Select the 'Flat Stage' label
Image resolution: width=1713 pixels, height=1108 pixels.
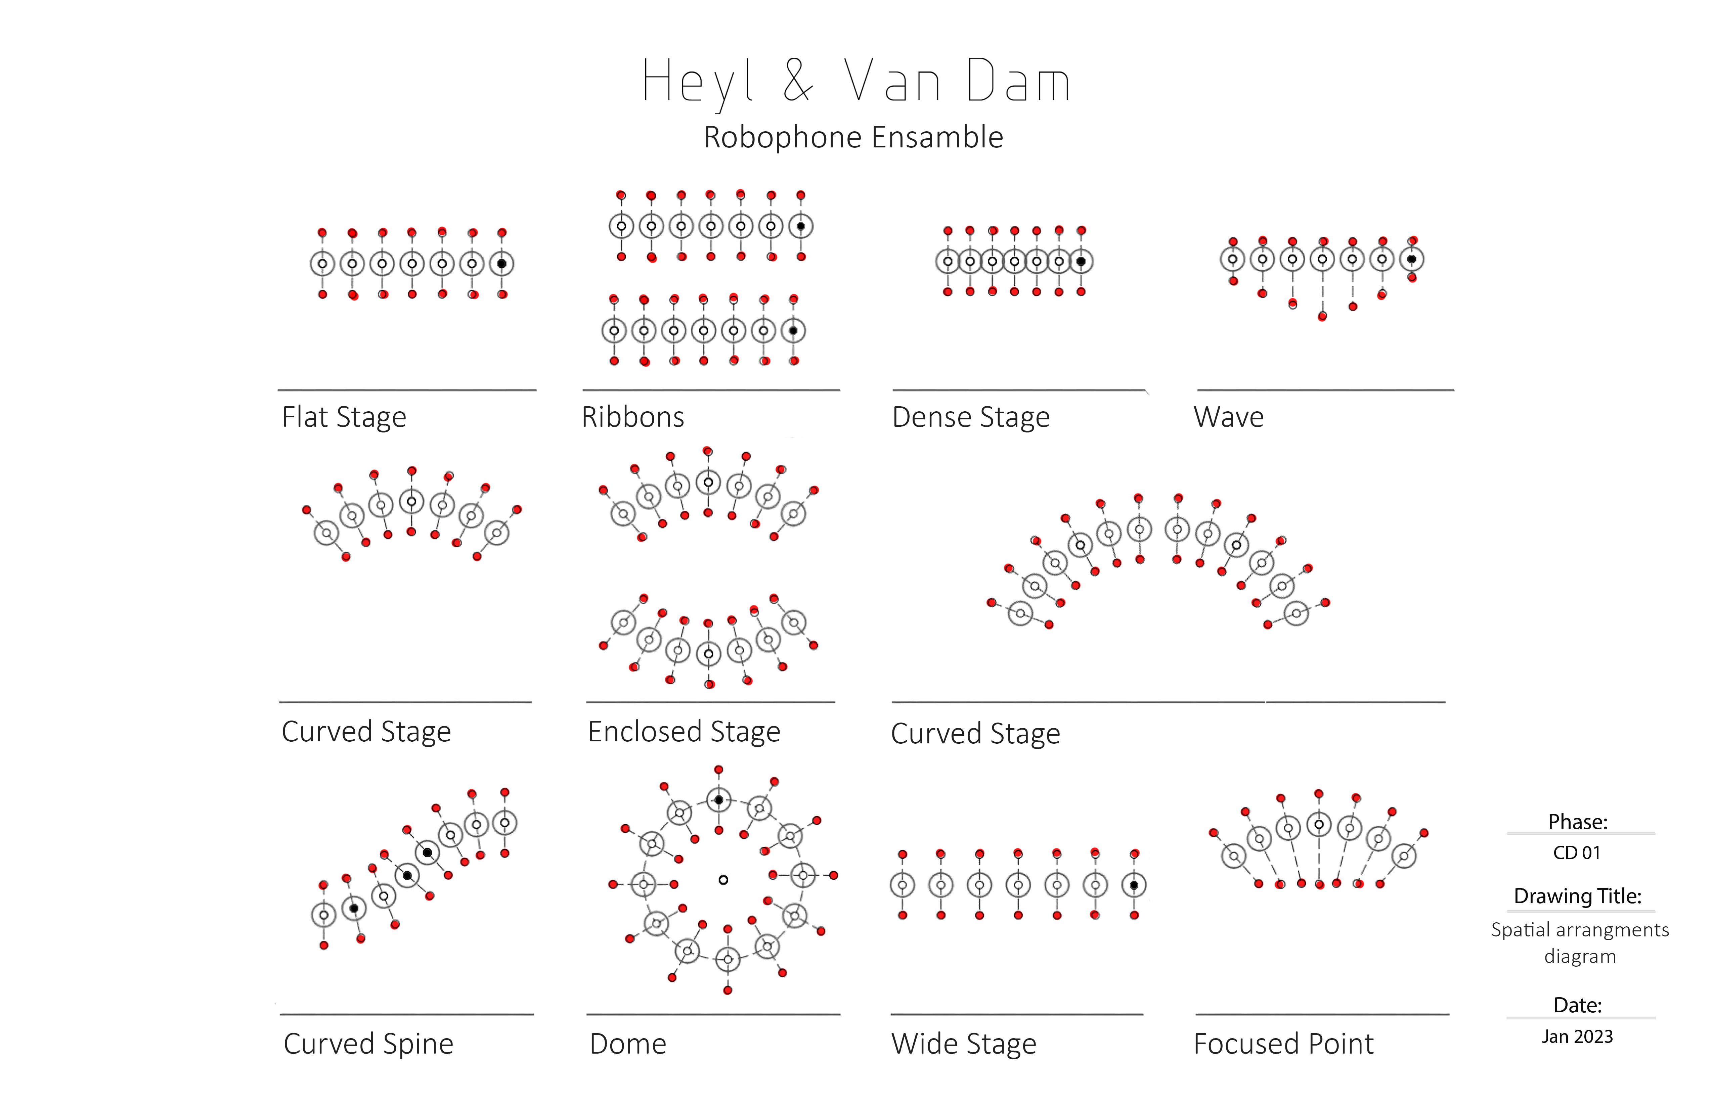click(x=344, y=417)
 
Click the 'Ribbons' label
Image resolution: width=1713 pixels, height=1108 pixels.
click(x=633, y=417)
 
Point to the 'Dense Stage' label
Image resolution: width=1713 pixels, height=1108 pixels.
click(x=970, y=417)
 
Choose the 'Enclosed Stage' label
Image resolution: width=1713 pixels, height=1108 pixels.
click(x=684, y=732)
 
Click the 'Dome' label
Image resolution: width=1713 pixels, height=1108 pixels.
click(x=628, y=1044)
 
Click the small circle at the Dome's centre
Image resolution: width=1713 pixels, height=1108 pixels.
click(x=723, y=879)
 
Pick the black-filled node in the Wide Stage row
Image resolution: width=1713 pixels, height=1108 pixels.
click(x=1134, y=885)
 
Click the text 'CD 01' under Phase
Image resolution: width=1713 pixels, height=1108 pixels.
click(x=1576, y=853)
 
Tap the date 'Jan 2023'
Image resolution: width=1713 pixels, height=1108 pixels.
click(x=1577, y=1037)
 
